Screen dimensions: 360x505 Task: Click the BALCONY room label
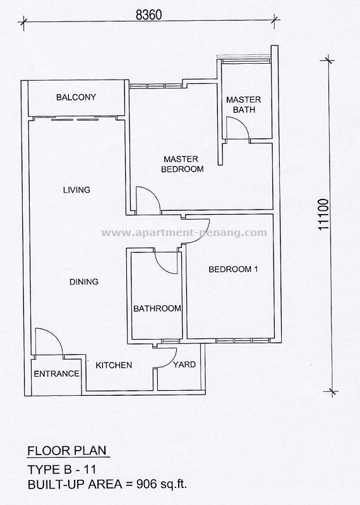tap(76, 97)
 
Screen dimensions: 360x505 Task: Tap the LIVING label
tap(76, 190)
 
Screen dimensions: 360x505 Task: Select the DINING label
tap(84, 282)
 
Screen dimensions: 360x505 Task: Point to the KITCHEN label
tap(114, 365)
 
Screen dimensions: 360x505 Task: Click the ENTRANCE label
tap(56, 374)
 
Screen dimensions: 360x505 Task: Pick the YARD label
tap(184, 365)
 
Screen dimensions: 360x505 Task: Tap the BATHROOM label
tap(157, 309)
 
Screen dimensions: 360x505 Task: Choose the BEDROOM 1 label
tap(233, 270)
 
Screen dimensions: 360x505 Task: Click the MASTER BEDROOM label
tap(182, 164)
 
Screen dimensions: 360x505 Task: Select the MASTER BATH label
tap(244, 105)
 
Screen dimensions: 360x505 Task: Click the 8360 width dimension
tap(148, 15)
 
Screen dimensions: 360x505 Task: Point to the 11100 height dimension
tap(323, 214)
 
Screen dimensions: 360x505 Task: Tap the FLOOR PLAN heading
tap(67, 451)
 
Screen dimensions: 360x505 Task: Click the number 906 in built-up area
tap(147, 484)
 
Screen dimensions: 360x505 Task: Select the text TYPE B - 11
tap(61, 470)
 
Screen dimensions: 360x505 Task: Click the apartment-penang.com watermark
tap(184, 232)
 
